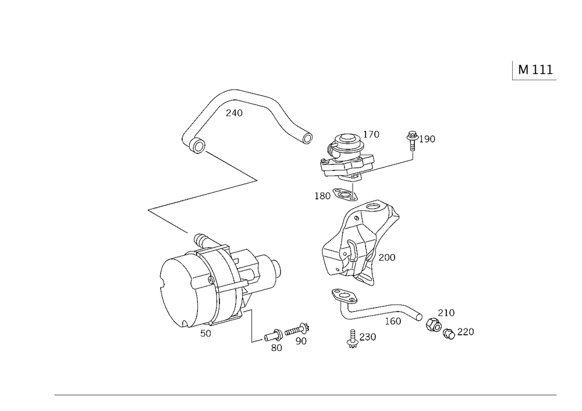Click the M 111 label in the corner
tap(534, 70)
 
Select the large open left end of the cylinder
tap(175, 291)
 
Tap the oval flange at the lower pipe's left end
tap(342, 297)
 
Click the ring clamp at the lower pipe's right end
tap(434, 325)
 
